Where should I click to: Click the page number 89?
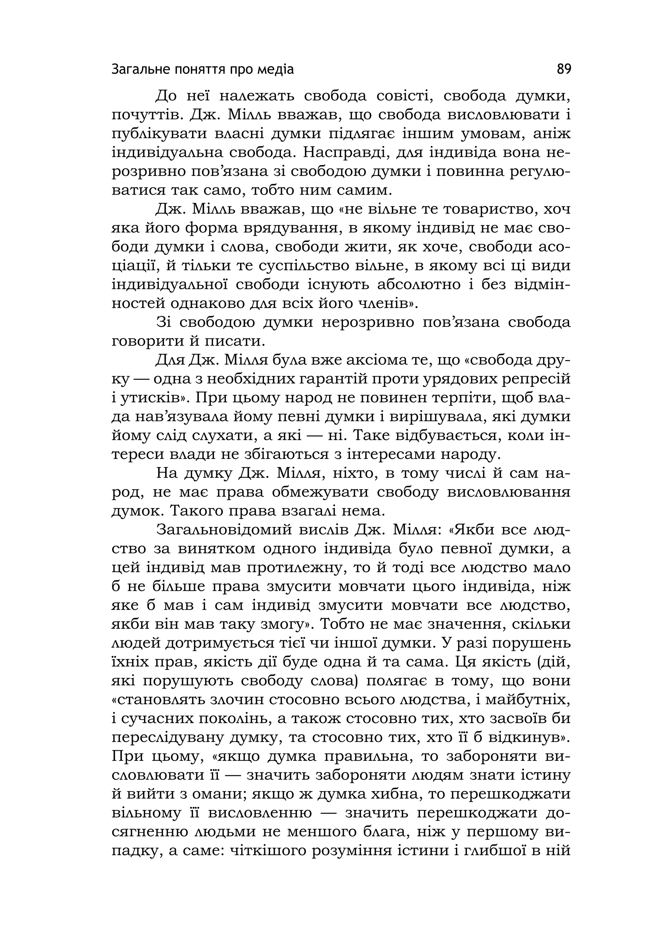564,69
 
